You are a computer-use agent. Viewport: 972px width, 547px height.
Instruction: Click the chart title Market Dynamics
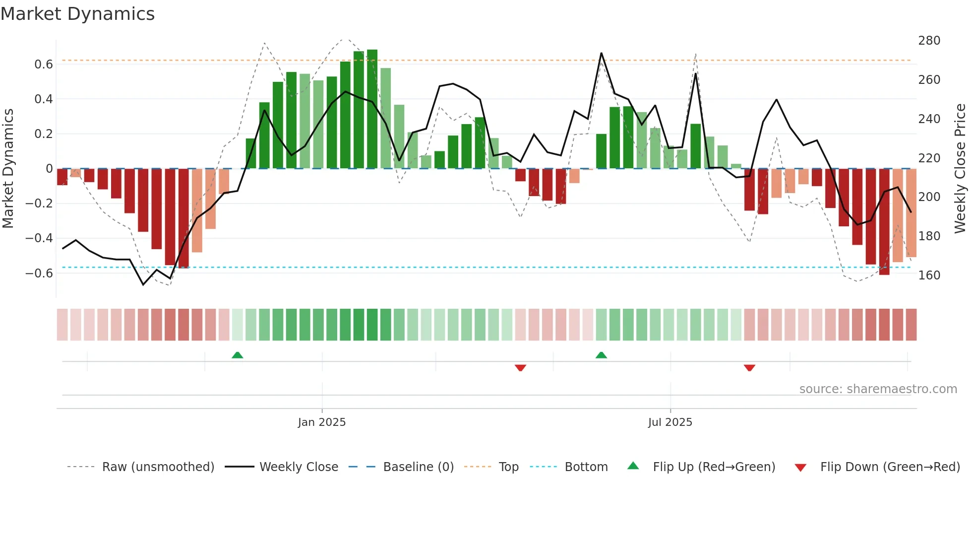tap(77, 14)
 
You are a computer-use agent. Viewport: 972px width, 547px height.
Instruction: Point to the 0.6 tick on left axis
tap(44, 65)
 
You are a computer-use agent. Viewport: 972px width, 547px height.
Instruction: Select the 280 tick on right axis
tap(929, 41)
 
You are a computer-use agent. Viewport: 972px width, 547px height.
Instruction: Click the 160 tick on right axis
tap(929, 275)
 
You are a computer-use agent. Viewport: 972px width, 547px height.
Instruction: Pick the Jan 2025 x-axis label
tap(322, 422)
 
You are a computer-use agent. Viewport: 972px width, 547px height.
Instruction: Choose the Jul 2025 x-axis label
tap(670, 422)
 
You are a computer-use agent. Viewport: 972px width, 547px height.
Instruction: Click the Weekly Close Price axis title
tap(960, 169)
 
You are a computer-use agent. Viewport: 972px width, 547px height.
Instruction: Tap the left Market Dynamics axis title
tap(8, 169)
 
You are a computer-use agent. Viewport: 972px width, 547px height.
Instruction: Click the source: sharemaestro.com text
tap(878, 389)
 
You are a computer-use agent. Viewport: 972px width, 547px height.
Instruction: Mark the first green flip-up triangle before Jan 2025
tap(238, 355)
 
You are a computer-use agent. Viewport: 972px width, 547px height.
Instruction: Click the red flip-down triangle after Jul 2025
tap(749, 368)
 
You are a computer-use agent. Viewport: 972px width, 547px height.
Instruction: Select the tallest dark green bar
tap(372, 109)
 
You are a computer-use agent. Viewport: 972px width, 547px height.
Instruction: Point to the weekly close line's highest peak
tap(601, 53)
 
